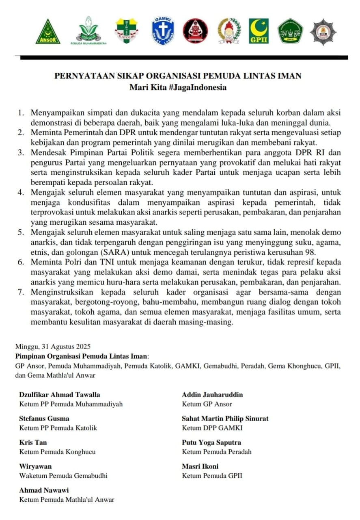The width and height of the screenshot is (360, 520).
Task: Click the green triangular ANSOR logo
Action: (x=48, y=32)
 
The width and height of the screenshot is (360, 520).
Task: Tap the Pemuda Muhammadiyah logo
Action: (x=88, y=31)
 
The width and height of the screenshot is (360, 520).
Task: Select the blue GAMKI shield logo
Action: (x=163, y=31)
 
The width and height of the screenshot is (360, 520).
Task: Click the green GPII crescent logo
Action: (x=259, y=31)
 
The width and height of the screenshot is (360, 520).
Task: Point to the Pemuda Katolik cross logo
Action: (x=127, y=31)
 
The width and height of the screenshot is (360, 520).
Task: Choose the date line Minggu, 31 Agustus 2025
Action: (x=53, y=347)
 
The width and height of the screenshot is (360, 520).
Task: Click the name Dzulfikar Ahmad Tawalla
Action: (x=60, y=394)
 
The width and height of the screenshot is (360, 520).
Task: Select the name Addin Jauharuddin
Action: (x=213, y=394)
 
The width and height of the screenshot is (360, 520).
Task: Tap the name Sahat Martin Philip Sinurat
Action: (x=225, y=418)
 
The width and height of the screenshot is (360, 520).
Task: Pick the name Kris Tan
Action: (x=32, y=442)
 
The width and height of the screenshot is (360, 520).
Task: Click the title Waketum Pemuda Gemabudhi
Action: (x=63, y=476)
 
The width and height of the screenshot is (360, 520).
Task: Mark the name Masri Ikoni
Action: (x=200, y=466)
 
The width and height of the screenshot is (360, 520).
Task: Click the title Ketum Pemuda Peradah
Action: (x=217, y=452)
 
